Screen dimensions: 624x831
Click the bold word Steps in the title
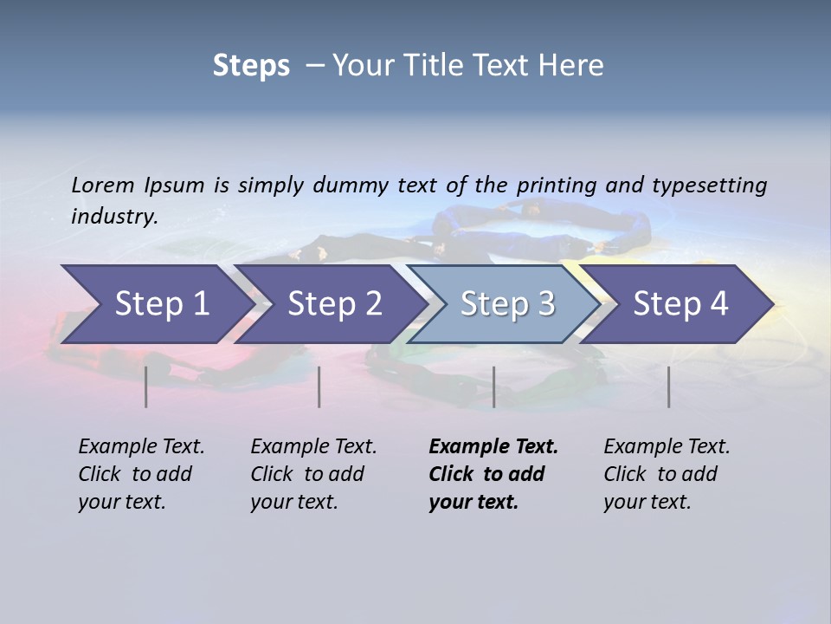251,66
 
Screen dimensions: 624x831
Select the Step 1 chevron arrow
156,304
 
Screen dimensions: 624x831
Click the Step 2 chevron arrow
334,304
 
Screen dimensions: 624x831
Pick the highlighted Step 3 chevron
507,304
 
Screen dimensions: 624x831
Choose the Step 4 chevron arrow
680,304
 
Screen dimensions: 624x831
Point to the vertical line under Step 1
146,387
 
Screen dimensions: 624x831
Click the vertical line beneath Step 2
319,387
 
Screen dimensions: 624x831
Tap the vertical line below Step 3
493,387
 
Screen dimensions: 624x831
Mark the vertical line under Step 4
669,387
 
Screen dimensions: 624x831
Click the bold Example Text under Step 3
493,447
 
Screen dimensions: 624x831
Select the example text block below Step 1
141,474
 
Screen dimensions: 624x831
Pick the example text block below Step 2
313,474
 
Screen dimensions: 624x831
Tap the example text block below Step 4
667,474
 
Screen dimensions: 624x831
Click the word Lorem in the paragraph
103,185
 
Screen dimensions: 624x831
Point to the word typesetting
709,185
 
